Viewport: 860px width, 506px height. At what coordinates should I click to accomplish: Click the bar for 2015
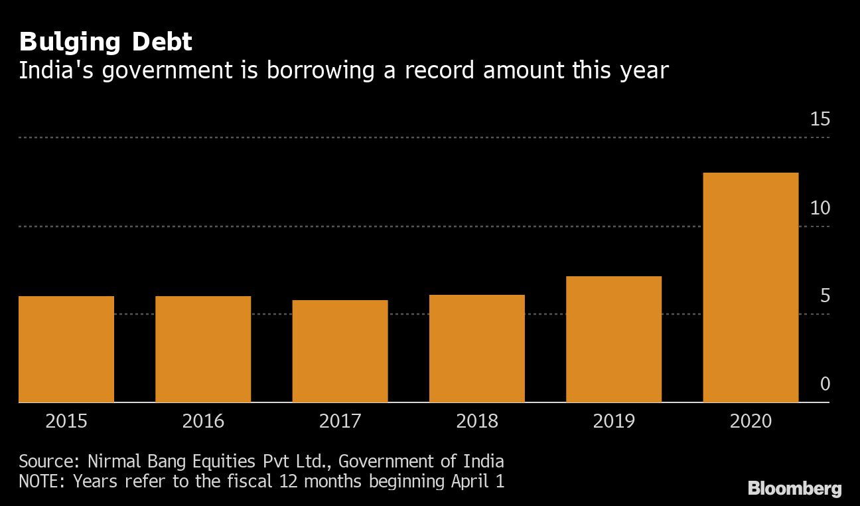pos(66,349)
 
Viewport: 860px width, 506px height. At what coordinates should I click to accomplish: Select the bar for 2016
pos(203,349)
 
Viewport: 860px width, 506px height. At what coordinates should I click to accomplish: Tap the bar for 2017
pos(340,351)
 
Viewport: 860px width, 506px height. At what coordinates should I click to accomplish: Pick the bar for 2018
pos(477,349)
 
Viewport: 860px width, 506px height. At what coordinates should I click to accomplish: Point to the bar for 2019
pos(614,339)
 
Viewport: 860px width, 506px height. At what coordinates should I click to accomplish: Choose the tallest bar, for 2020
pos(751,288)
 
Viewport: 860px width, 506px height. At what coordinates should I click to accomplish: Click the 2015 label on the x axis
pos(66,422)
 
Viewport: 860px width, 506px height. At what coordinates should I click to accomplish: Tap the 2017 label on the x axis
pos(340,422)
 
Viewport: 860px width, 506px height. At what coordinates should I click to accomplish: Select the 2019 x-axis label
pos(614,422)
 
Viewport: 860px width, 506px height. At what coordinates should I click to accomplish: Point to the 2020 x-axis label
pos(751,422)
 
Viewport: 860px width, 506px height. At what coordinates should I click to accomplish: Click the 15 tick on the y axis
pos(820,120)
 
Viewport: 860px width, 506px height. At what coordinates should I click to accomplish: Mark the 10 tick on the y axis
pos(820,208)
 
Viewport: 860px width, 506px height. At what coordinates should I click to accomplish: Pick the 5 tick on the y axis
pos(825,295)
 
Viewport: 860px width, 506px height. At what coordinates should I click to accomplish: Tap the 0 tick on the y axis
pos(825,384)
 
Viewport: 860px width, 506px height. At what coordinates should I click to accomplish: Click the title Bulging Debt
pos(106,42)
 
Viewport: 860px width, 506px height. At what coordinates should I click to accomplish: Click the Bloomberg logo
pos(794,489)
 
